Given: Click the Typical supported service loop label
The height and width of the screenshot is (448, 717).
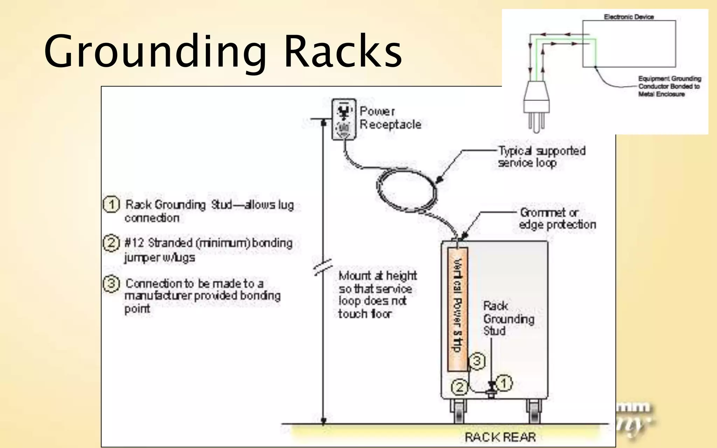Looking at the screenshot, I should (x=541, y=156).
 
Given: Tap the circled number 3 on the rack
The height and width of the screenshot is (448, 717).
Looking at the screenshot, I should (x=477, y=361).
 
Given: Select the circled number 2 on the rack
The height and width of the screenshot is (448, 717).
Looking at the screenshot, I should (x=459, y=387).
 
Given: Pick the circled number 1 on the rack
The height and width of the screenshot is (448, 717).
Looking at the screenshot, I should (x=503, y=383).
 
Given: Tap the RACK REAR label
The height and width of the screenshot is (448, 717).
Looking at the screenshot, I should (x=500, y=437).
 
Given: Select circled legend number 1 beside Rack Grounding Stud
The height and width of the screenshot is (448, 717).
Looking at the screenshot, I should (x=111, y=205).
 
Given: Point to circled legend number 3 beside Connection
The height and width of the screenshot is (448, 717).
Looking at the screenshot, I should (x=111, y=283).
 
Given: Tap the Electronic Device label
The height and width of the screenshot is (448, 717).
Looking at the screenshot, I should (x=629, y=17).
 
